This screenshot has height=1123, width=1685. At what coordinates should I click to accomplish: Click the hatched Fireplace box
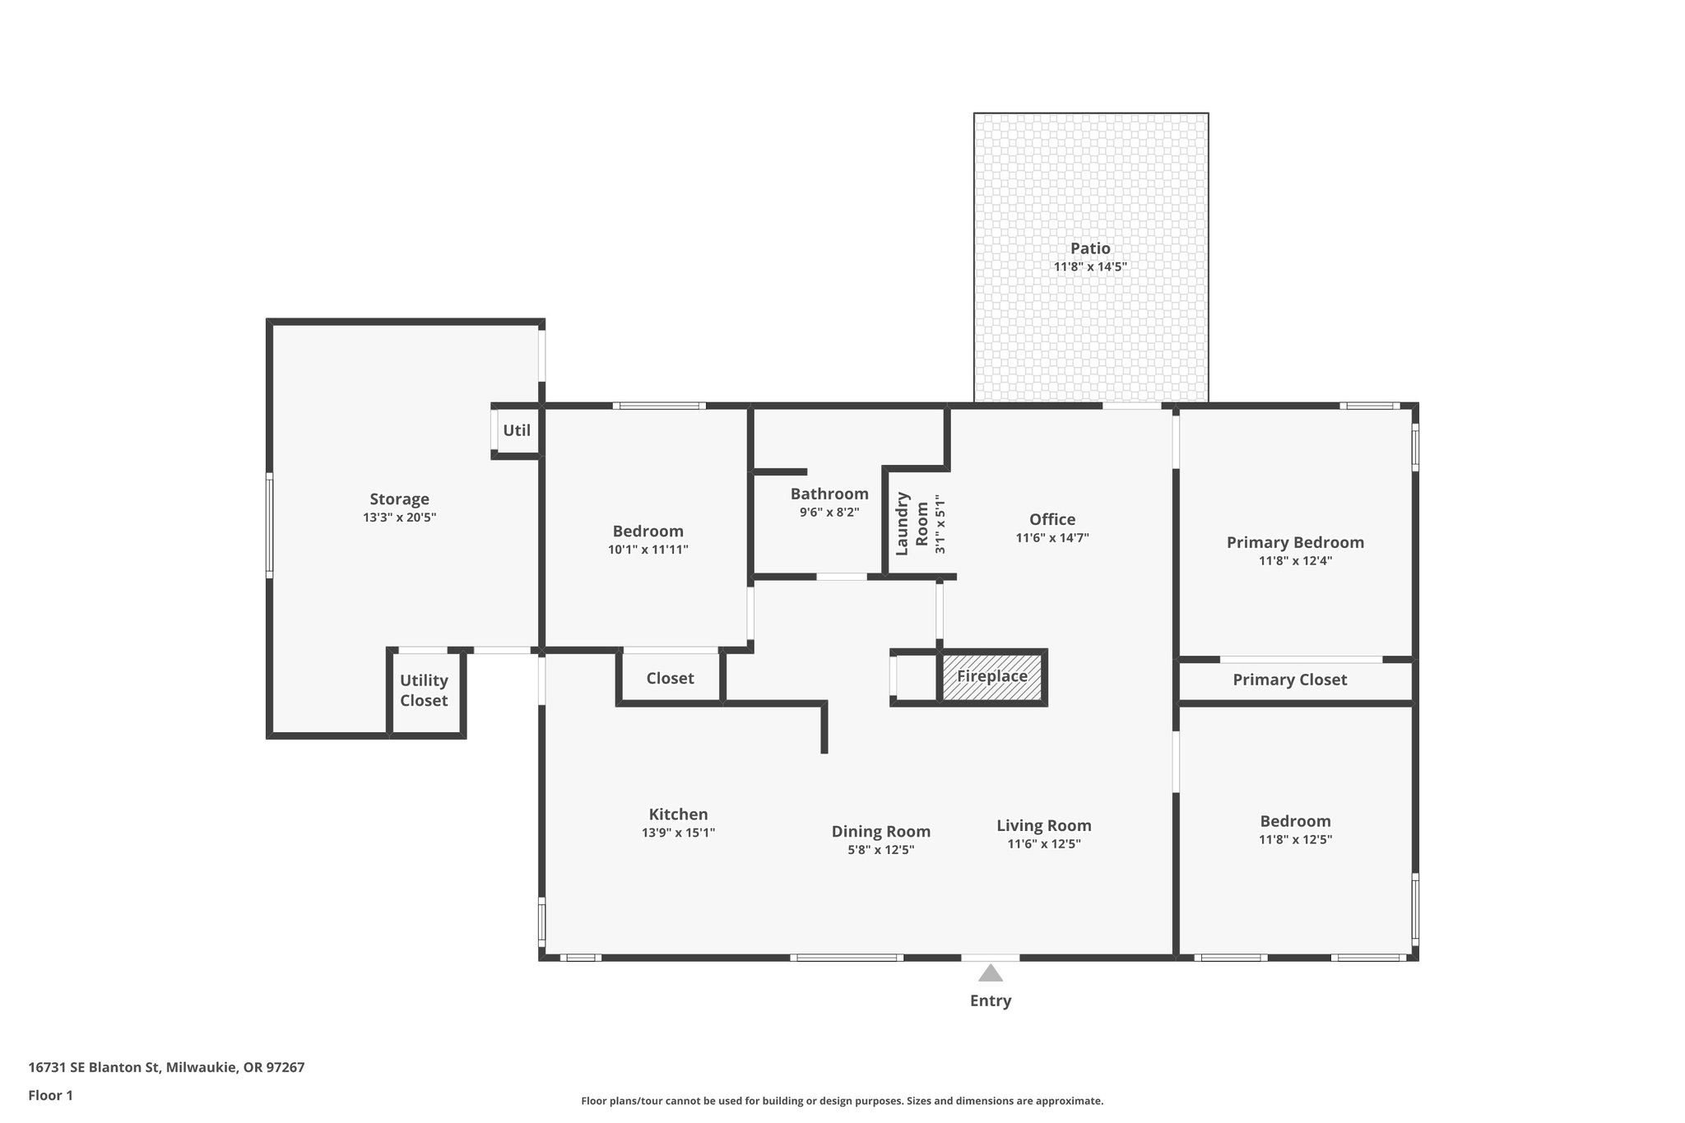992,676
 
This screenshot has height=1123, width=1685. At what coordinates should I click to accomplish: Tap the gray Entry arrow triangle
991,974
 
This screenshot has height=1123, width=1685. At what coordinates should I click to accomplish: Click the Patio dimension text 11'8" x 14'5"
1089,267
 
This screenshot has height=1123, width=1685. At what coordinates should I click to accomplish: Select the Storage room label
399,499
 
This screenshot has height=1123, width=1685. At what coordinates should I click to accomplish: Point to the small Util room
517,430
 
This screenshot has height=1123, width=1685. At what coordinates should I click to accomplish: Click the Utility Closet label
424,690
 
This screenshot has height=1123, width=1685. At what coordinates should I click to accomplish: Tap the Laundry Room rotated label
912,524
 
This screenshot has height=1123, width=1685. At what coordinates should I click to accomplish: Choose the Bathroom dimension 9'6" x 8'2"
829,512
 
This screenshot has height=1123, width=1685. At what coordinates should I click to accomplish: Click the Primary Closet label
1289,680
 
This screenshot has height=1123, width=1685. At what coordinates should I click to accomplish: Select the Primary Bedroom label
1295,542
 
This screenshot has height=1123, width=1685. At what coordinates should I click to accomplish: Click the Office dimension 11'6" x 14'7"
1052,538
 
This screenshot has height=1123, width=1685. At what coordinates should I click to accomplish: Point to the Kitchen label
678,814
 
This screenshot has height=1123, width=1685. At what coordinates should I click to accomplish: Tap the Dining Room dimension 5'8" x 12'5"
881,850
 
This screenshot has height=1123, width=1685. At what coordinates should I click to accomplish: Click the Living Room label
1044,825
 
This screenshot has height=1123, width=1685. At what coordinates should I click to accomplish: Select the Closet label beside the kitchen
670,678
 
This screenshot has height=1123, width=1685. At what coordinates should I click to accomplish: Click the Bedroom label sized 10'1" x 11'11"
648,531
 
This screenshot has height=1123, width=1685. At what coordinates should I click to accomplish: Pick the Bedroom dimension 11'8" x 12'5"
1295,840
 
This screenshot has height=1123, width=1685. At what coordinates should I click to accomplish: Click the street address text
166,1068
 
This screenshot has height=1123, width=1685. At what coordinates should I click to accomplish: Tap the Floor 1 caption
50,1095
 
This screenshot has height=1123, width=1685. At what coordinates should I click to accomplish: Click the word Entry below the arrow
991,1000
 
